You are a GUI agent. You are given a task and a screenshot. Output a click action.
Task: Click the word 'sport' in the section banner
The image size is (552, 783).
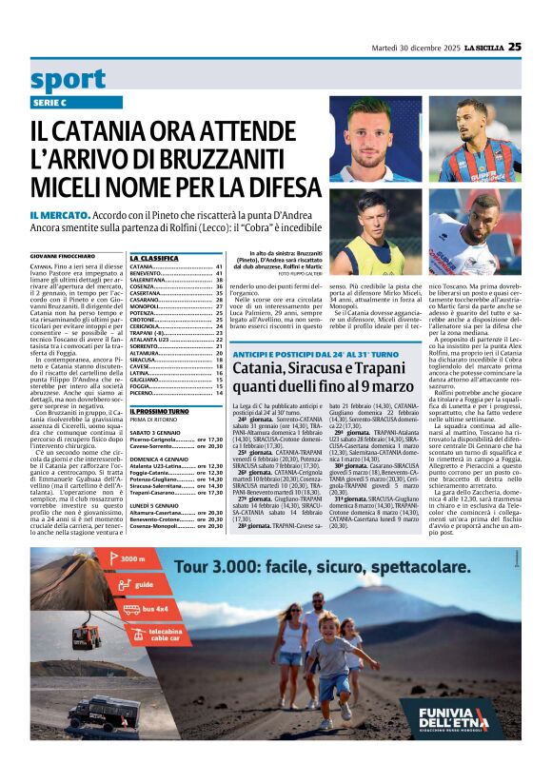tap(68, 79)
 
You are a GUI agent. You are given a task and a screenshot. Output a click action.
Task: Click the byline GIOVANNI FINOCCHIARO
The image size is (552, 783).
tap(64, 257)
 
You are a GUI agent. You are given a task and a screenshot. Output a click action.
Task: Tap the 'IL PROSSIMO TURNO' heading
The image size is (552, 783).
tap(160, 411)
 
